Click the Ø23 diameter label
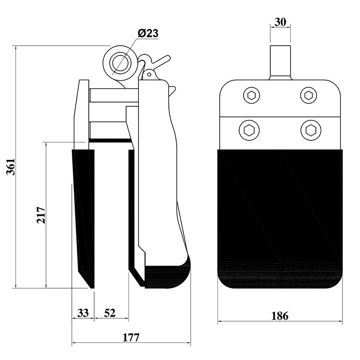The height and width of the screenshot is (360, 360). [148, 34]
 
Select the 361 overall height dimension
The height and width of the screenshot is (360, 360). [11, 167]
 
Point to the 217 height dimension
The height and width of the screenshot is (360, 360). [41, 215]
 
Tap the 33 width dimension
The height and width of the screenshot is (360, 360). [83, 313]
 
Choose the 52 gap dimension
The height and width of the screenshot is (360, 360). [110, 313]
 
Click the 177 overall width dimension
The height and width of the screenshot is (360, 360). [131, 338]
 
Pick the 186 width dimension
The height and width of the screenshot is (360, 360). [279, 316]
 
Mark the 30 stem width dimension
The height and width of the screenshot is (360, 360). [280, 22]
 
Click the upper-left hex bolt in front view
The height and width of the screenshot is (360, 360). [252, 95]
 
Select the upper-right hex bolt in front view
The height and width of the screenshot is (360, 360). [309, 95]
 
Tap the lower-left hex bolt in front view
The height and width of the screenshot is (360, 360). [249, 130]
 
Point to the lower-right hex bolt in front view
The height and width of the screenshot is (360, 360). [311, 130]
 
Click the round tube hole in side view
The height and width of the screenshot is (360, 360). [120, 63]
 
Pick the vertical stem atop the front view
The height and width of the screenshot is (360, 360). [280, 63]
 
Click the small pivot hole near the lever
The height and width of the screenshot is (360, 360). [149, 74]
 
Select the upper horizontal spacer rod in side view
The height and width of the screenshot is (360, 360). [114, 95]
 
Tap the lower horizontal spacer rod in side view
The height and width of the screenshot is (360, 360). [108, 130]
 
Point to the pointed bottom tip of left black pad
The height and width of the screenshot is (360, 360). [92, 288]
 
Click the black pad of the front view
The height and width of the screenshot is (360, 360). [280, 219]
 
